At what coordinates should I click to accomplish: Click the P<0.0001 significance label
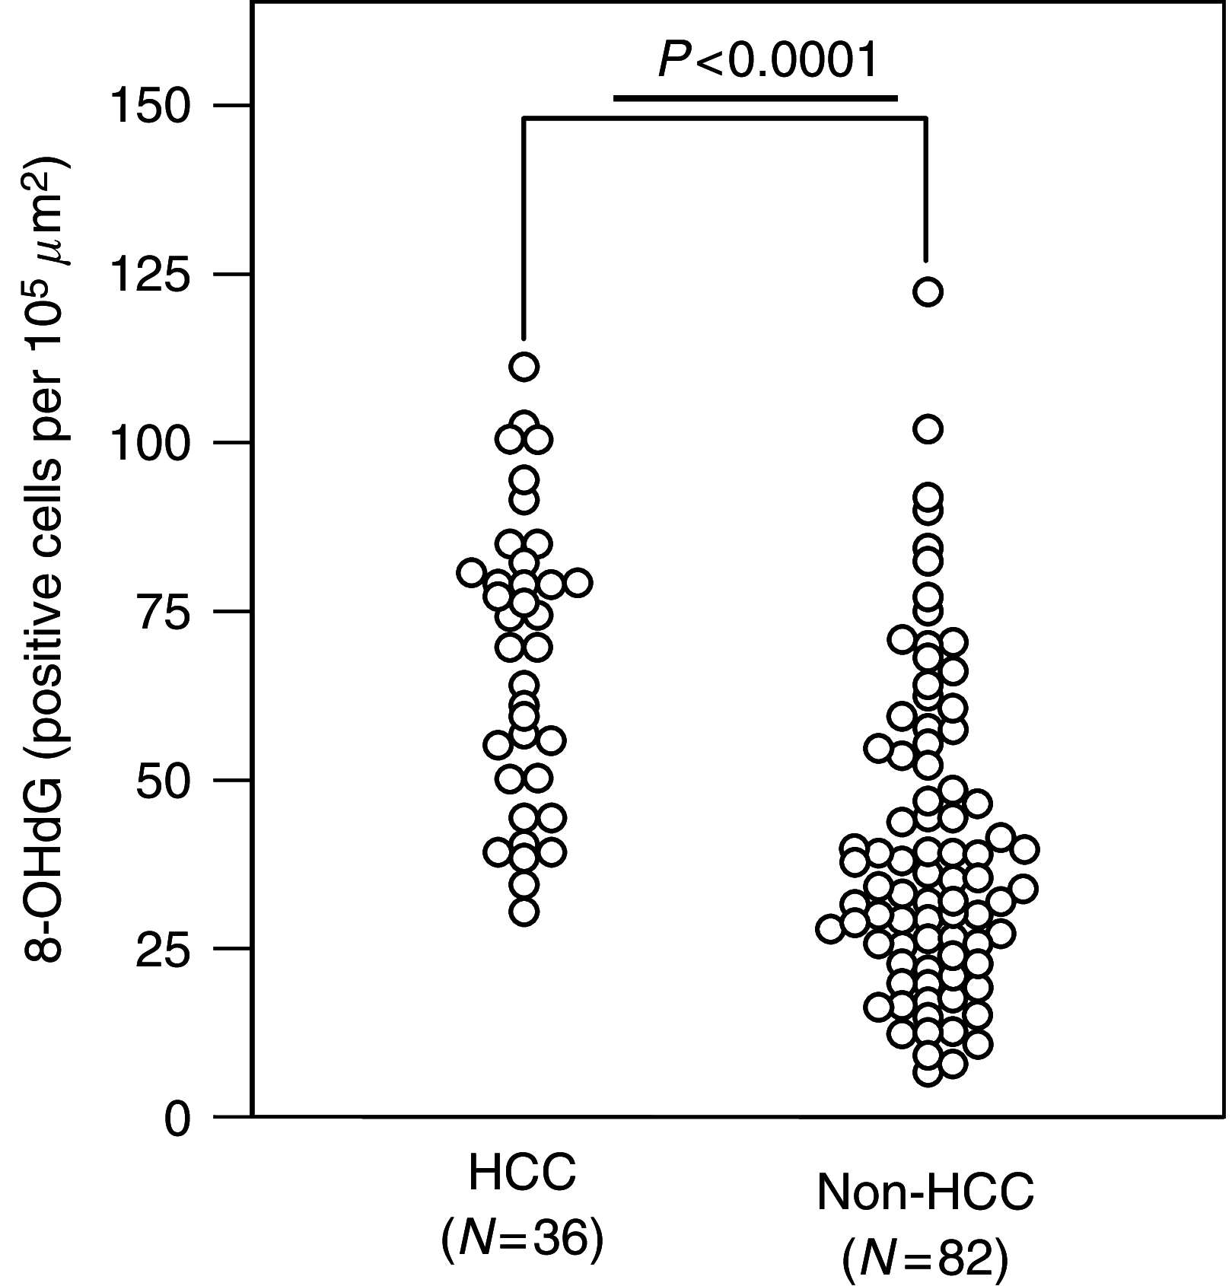pos(769,61)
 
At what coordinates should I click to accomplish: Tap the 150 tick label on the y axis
pos(149,106)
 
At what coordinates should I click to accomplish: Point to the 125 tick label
pos(149,275)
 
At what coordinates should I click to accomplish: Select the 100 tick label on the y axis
pos(149,444)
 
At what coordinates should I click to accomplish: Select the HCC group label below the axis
pos(522,1173)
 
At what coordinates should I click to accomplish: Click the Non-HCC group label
pos(925,1192)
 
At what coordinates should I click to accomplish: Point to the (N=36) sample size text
pos(522,1239)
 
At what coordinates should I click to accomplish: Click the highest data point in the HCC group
pos(524,367)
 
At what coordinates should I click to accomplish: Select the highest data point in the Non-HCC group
pos(928,291)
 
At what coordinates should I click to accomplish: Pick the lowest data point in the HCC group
pos(524,912)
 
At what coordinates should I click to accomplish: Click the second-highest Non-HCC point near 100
pos(928,429)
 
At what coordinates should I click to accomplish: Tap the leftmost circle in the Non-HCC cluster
pos(831,929)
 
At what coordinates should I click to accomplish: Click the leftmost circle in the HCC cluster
pos(472,572)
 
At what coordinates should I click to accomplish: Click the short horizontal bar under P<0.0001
pos(755,98)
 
